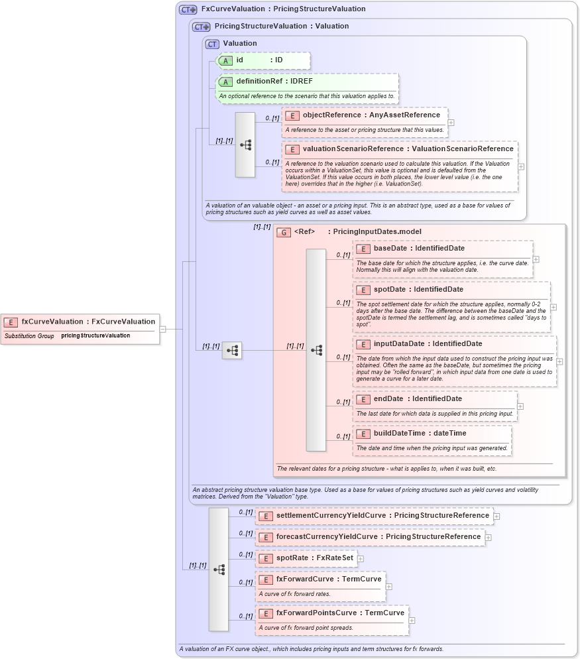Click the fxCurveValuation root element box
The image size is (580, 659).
click(x=80, y=322)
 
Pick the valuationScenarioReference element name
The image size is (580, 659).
click(x=408, y=149)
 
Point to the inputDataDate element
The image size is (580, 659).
click(x=428, y=344)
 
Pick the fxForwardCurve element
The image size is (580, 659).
click(x=320, y=579)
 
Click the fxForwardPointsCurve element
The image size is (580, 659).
click(x=331, y=613)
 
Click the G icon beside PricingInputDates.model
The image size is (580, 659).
click(x=284, y=232)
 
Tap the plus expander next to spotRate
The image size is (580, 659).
click(x=361, y=559)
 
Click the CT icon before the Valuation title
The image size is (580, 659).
click(x=212, y=44)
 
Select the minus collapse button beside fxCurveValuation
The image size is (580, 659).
click(x=162, y=329)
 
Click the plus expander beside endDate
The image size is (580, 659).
click(x=520, y=406)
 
